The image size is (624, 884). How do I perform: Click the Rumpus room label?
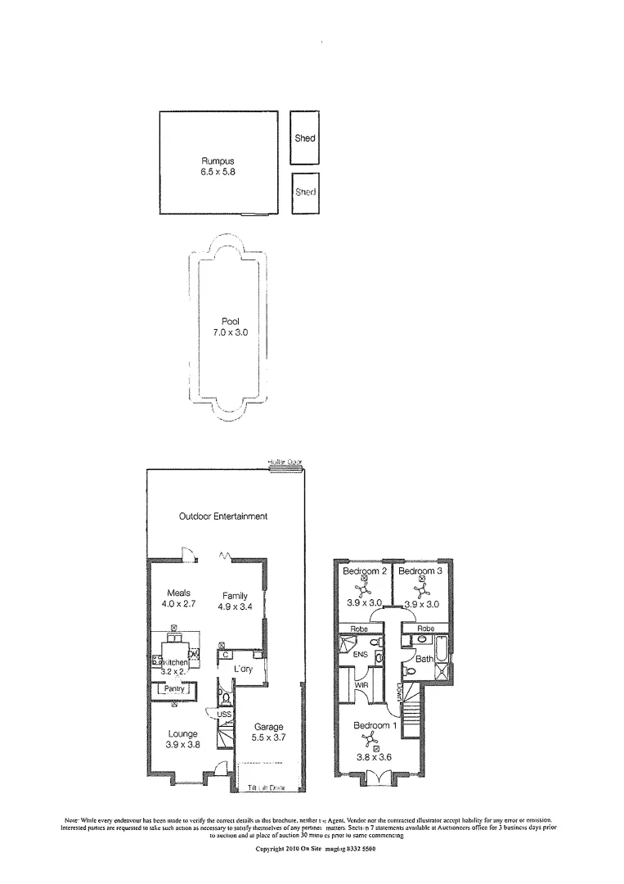(218, 161)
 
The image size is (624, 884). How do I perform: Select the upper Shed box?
(305, 138)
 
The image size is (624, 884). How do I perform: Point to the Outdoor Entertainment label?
(223, 516)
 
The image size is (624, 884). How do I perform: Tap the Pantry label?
(174, 689)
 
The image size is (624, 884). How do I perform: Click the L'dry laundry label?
(242, 670)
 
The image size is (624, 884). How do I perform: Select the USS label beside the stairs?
(224, 715)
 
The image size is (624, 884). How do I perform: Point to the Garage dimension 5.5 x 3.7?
(268, 737)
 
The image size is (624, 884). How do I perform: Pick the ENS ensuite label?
(360, 656)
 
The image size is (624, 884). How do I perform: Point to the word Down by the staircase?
(401, 694)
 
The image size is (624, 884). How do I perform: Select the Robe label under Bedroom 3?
(425, 629)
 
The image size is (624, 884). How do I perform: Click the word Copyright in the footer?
(274, 850)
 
